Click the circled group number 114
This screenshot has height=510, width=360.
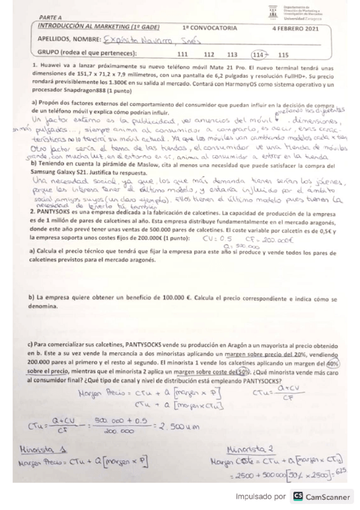point(259,54)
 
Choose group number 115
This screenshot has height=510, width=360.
point(284,54)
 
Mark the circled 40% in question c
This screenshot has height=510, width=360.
point(334,363)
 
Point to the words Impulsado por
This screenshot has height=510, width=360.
point(261,497)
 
